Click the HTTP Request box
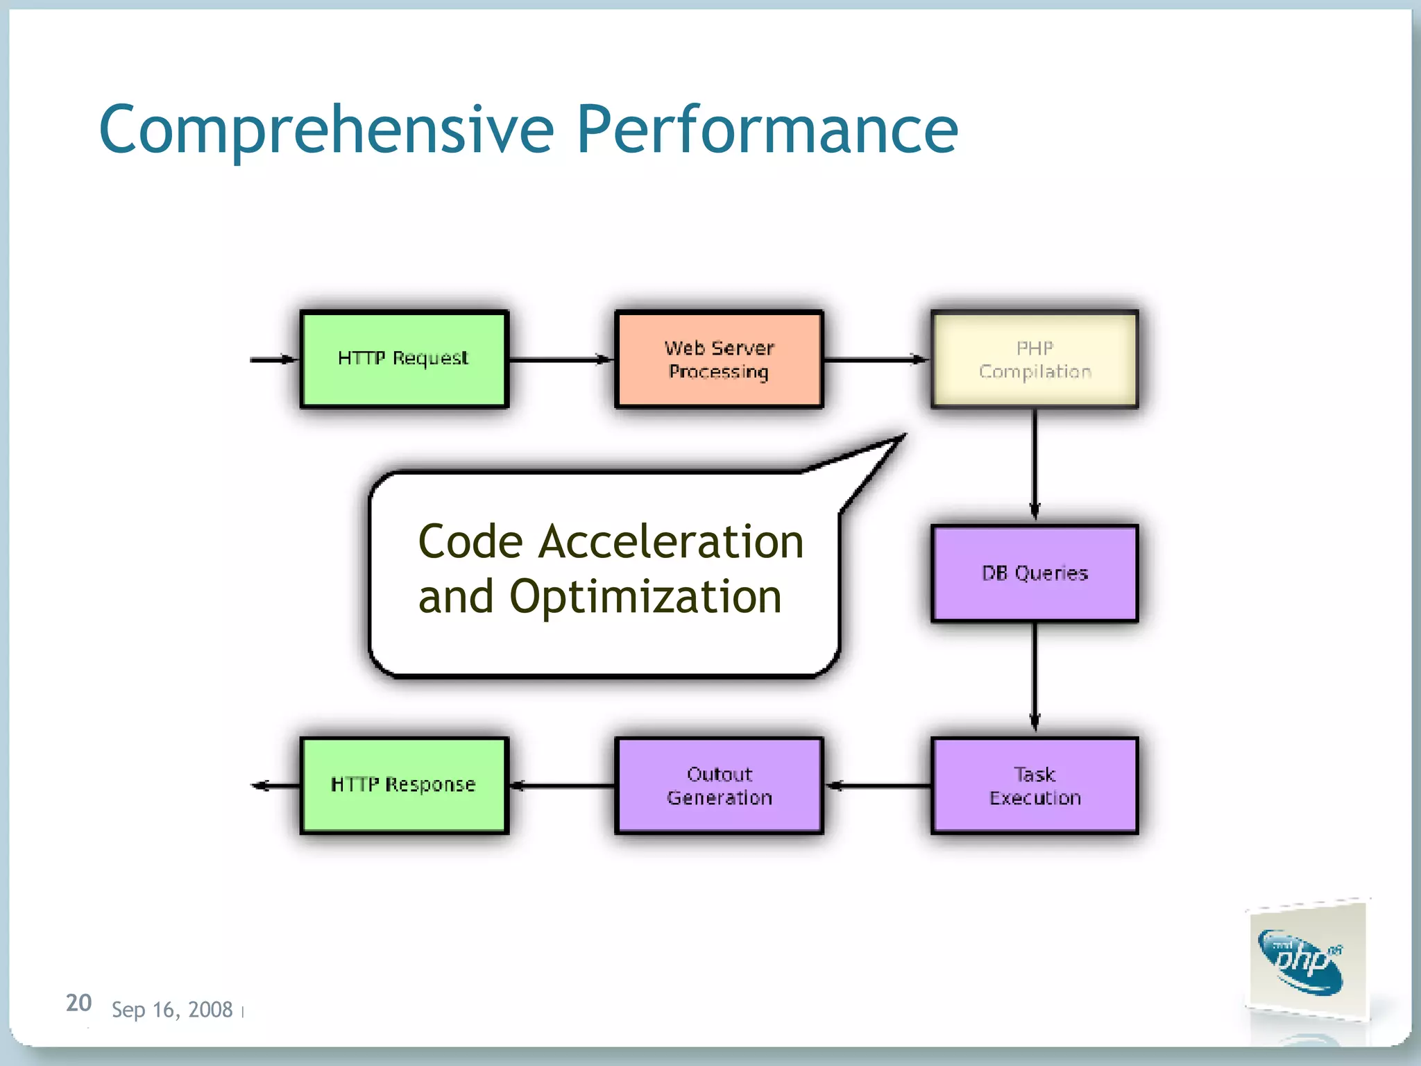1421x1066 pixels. pyautogui.click(x=404, y=359)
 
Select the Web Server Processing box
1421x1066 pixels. pyautogui.click(x=719, y=359)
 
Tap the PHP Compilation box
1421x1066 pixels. pyautogui.click(x=1034, y=359)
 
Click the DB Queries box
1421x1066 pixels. pyautogui.click(x=1034, y=573)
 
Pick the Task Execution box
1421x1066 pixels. pyautogui.click(x=1034, y=786)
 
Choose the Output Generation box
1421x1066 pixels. pyautogui.click(x=719, y=786)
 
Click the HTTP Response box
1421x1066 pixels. pyautogui.click(x=404, y=786)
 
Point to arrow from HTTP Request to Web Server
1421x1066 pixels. pyautogui.click(x=561, y=359)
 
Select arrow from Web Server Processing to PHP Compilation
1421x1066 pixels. pyautogui.click(x=876, y=359)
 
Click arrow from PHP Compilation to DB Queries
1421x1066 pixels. pyautogui.click(x=1035, y=465)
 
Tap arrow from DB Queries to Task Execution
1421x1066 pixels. pyautogui.click(x=1035, y=677)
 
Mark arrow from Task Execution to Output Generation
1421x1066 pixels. pyautogui.click(x=878, y=786)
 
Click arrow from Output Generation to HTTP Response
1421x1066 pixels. pyautogui.click(x=562, y=786)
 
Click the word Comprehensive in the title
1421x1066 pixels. pyautogui.click(x=326, y=130)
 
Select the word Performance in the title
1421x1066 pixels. pyautogui.click(x=767, y=130)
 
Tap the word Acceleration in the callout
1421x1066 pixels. pyautogui.click(x=671, y=542)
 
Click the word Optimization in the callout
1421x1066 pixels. pyautogui.click(x=645, y=597)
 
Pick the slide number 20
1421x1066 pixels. pyautogui.click(x=78, y=1003)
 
